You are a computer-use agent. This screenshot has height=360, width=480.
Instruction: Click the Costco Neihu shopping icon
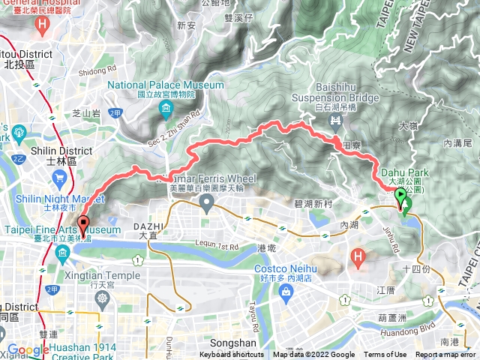click(286, 295)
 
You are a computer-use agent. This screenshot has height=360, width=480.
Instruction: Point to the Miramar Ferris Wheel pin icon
click(205, 202)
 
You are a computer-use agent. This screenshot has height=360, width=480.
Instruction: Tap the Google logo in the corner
click(28, 349)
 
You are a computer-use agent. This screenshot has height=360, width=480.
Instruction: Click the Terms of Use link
click(385, 355)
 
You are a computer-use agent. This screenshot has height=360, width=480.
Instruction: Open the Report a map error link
click(446, 355)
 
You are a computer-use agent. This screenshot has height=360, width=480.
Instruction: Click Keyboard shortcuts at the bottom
click(232, 355)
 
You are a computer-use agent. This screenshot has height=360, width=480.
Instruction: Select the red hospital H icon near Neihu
click(358, 258)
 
